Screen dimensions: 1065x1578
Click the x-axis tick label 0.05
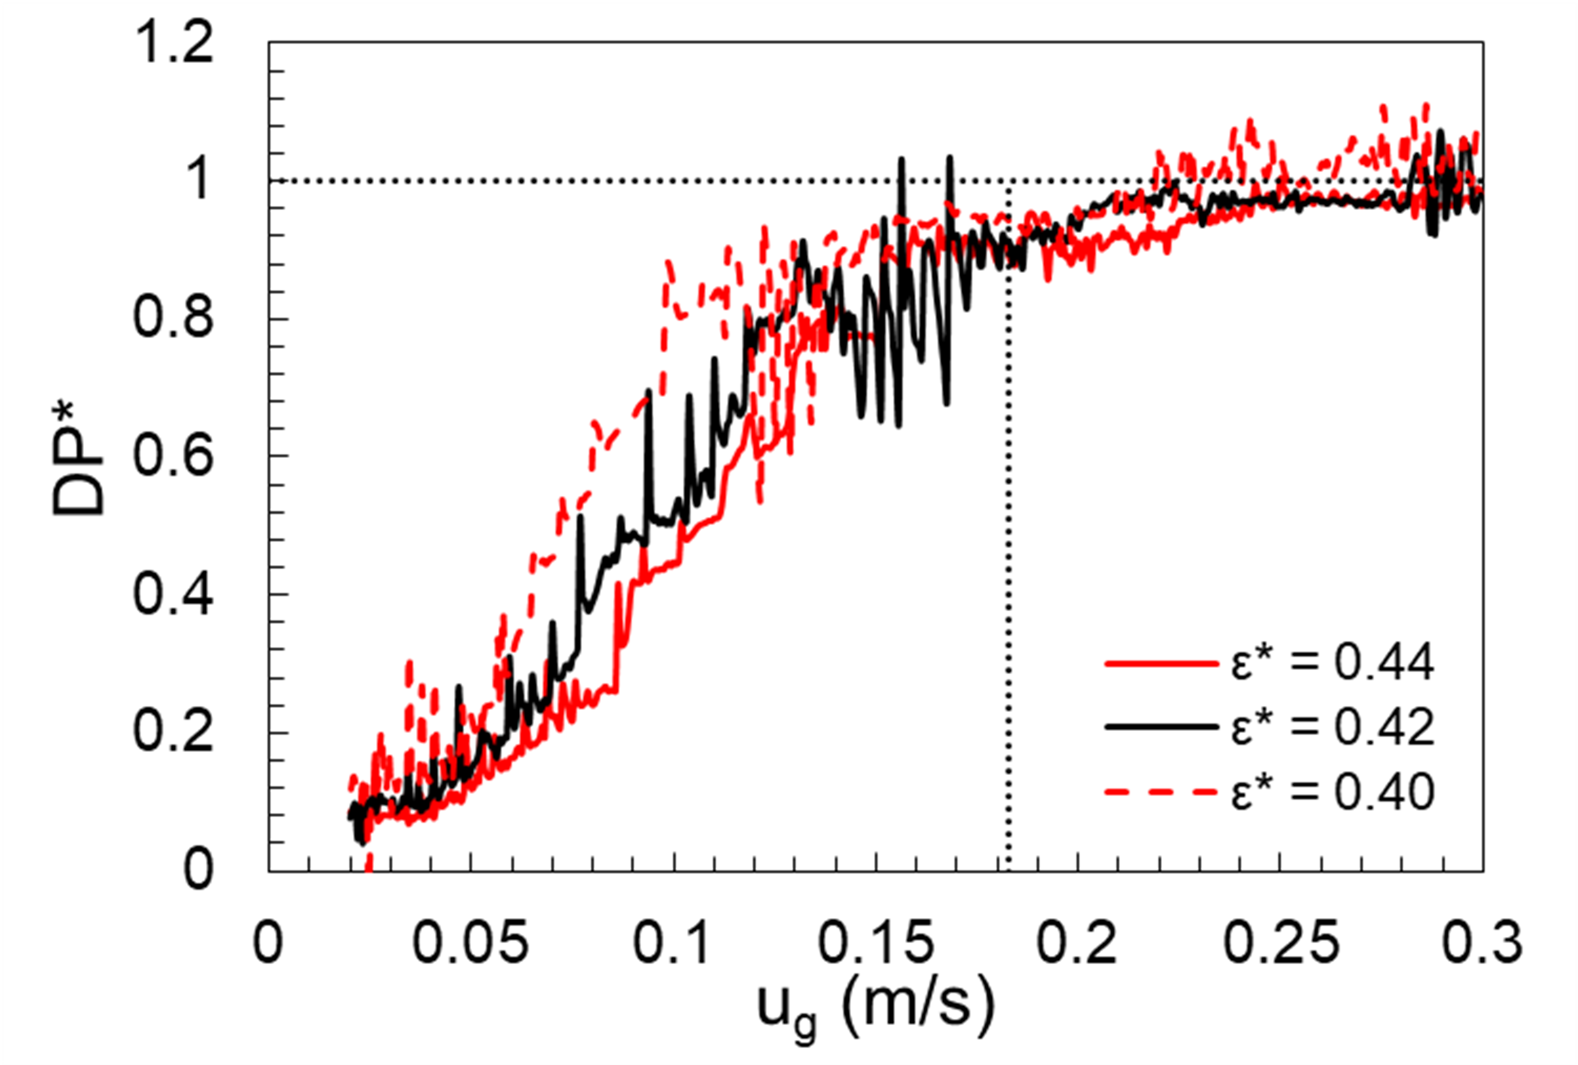click(x=471, y=943)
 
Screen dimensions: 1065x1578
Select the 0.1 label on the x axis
click(x=673, y=943)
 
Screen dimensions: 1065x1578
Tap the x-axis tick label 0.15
click(x=876, y=943)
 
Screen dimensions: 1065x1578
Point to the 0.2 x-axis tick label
click(x=1078, y=943)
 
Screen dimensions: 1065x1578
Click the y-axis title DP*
click(x=79, y=458)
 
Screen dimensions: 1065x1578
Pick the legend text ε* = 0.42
click(x=1333, y=727)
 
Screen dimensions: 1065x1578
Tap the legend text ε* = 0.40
click(x=1333, y=791)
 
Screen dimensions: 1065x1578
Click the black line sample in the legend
click(x=1161, y=727)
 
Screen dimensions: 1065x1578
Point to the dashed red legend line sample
click(x=1161, y=792)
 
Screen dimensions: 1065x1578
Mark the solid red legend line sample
click(x=1161, y=663)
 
